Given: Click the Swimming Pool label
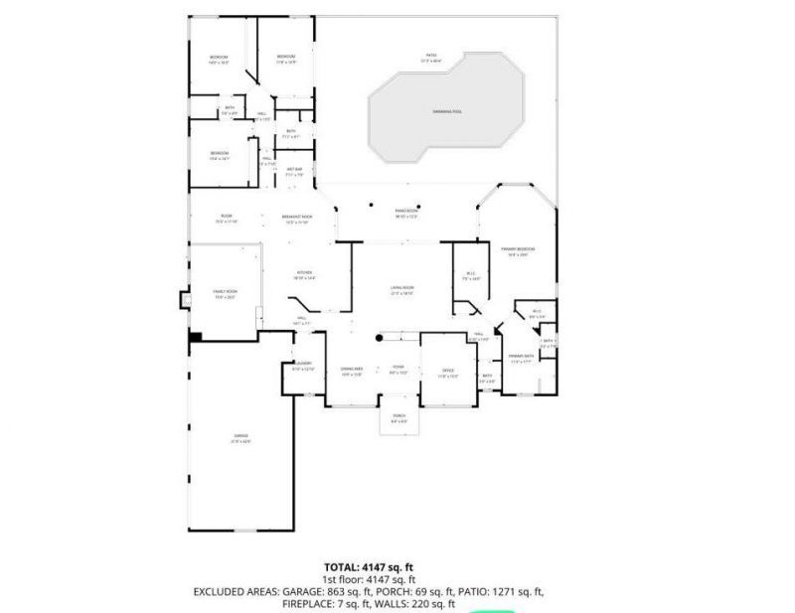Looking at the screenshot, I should point(447,111).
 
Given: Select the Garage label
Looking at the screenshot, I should point(240,439).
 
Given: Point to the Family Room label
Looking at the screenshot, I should point(225,293).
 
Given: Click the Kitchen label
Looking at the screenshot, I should point(304,273).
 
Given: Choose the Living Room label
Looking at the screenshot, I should point(401,288).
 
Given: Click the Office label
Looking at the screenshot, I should point(448,372).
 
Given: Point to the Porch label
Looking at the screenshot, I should point(398,416).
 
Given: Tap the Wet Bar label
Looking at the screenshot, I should point(295,172).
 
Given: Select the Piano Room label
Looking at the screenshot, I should point(405,212).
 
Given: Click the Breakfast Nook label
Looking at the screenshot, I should point(297,218).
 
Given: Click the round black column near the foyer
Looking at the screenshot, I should point(380,338).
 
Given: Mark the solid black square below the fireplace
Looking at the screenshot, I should point(196,336).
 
